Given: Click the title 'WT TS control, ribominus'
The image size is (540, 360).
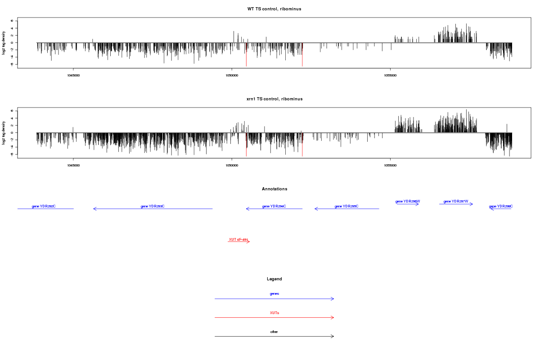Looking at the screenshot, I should pos(274,9).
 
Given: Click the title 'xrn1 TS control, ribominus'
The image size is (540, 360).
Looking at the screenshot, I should pos(274,99).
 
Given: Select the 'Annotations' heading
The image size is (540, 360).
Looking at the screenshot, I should pos(274,189).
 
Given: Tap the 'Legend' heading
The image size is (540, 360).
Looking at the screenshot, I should pos(274,279).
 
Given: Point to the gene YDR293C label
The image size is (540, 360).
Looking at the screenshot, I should pos(153,206).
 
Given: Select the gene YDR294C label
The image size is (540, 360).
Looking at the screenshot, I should pos(274,206).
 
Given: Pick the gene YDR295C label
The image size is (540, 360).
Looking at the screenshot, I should pos(346,206).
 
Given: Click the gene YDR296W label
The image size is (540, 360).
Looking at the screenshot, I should pos(408,201).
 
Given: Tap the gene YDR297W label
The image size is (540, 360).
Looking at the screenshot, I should pos(456,201).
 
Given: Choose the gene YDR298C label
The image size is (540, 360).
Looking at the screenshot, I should pos(501,206).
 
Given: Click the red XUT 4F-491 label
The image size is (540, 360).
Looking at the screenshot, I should pos(238,239).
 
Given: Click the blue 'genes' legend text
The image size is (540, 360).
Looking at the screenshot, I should pos(274,293).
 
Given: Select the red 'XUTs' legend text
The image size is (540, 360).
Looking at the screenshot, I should pos(274,312).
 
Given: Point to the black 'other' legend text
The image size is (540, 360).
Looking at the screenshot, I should pos(274,332).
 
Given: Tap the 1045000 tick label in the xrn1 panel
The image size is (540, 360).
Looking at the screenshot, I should pos(73,165).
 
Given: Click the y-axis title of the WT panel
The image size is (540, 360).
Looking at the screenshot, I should pos(4,43).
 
